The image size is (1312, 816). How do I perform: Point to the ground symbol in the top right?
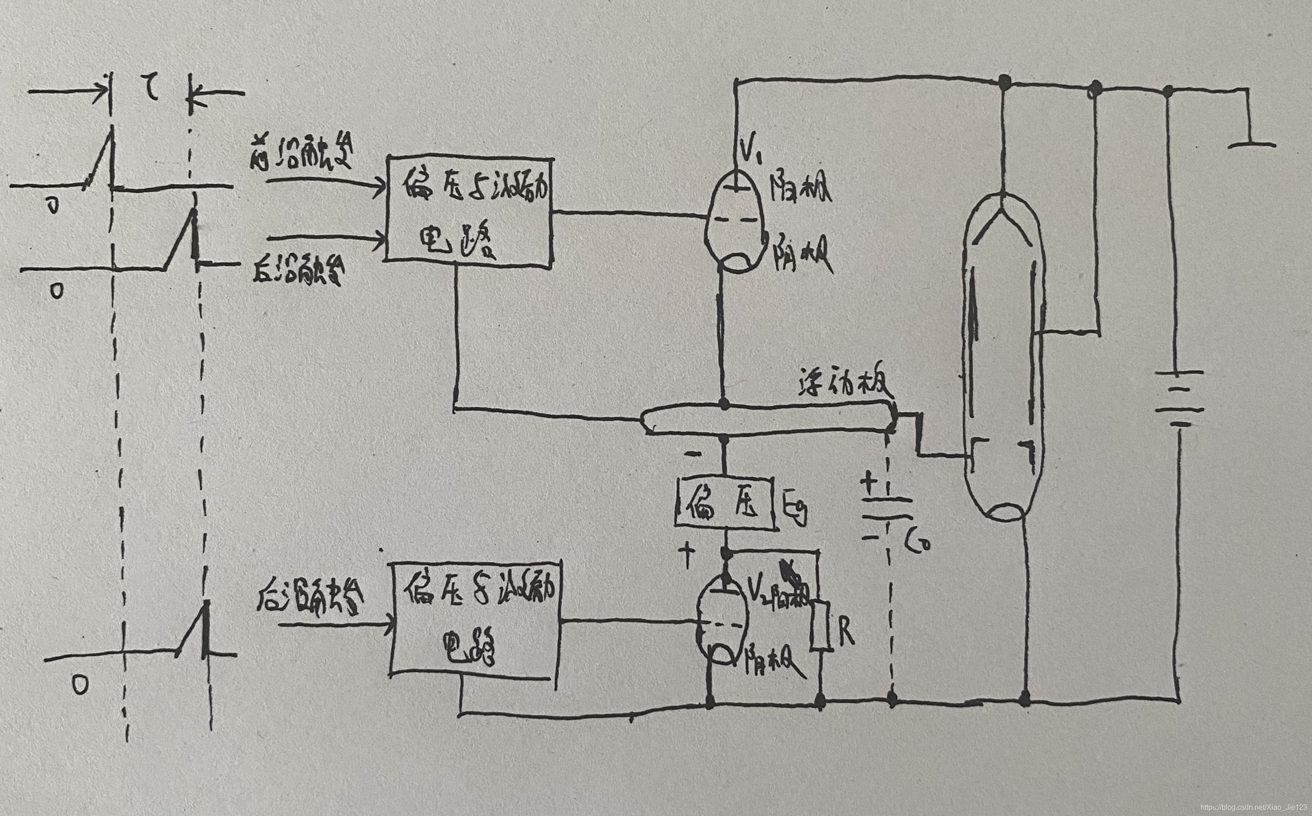point(1252,144)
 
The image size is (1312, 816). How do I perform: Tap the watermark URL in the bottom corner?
point(1252,807)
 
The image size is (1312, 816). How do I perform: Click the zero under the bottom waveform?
point(80,686)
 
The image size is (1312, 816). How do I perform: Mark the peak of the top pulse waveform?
point(112,128)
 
